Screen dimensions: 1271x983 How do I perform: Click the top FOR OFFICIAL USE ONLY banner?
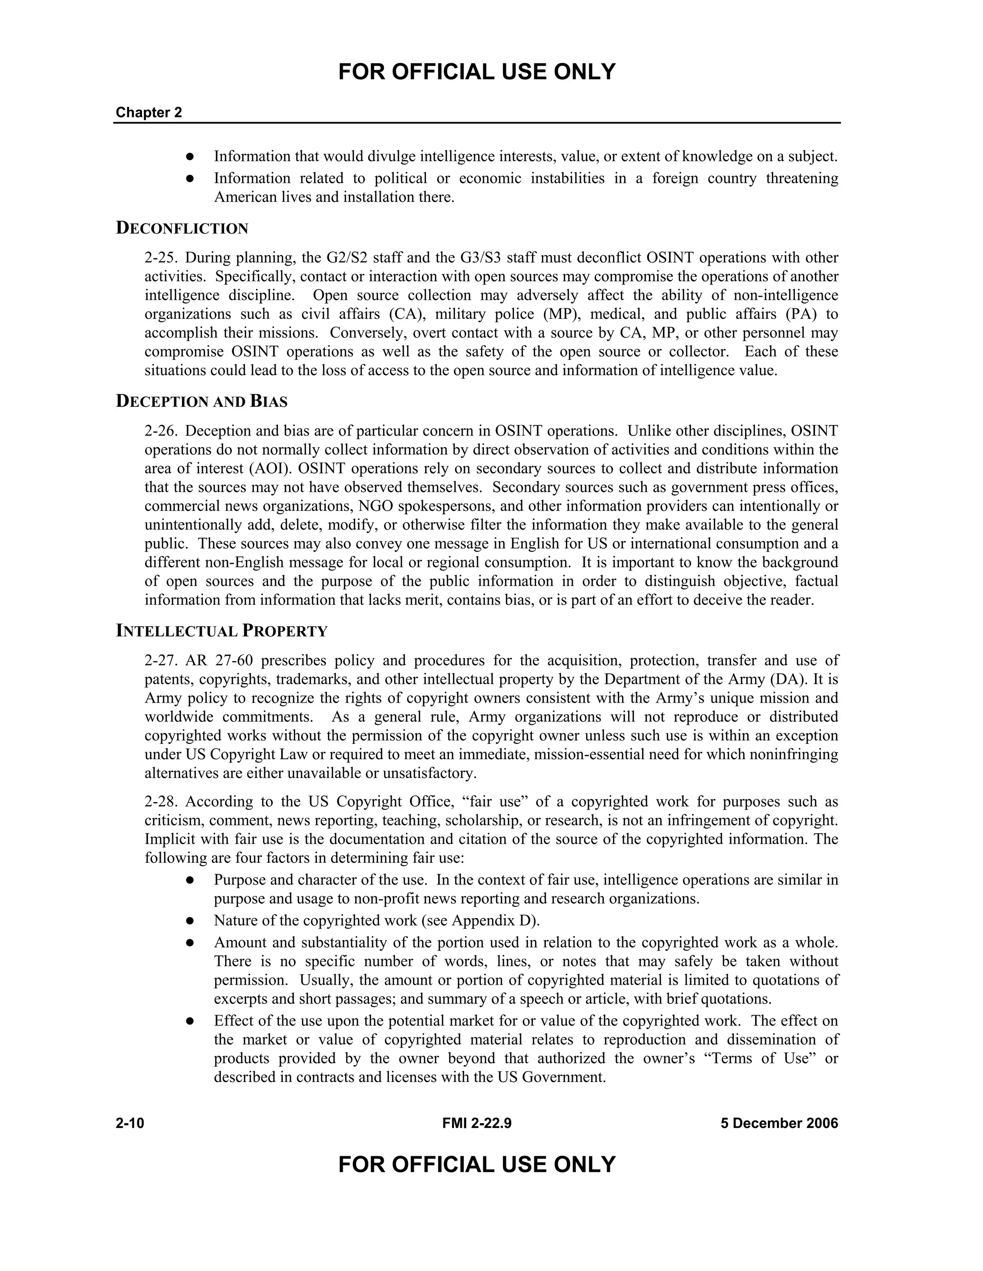pos(476,72)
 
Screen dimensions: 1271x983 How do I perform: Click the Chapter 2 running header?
pos(148,112)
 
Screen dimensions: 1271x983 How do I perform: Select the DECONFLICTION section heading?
pos(182,228)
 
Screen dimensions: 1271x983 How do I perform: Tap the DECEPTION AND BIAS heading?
pos(202,401)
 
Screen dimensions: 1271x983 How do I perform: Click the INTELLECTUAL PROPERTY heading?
pos(221,632)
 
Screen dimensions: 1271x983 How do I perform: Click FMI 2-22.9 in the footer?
pos(476,1123)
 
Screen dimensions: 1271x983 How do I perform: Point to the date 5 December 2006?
pos(779,1123)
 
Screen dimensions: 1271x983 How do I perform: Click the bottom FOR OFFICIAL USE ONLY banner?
pos(476,1165)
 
